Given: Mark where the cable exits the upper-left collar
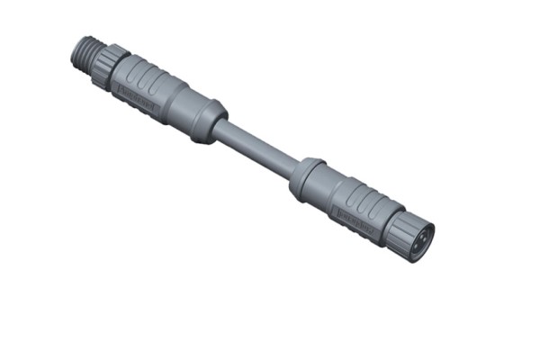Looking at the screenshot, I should [x=220, y=128].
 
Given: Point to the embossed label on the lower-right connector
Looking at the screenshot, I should [x=355, y=220].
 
